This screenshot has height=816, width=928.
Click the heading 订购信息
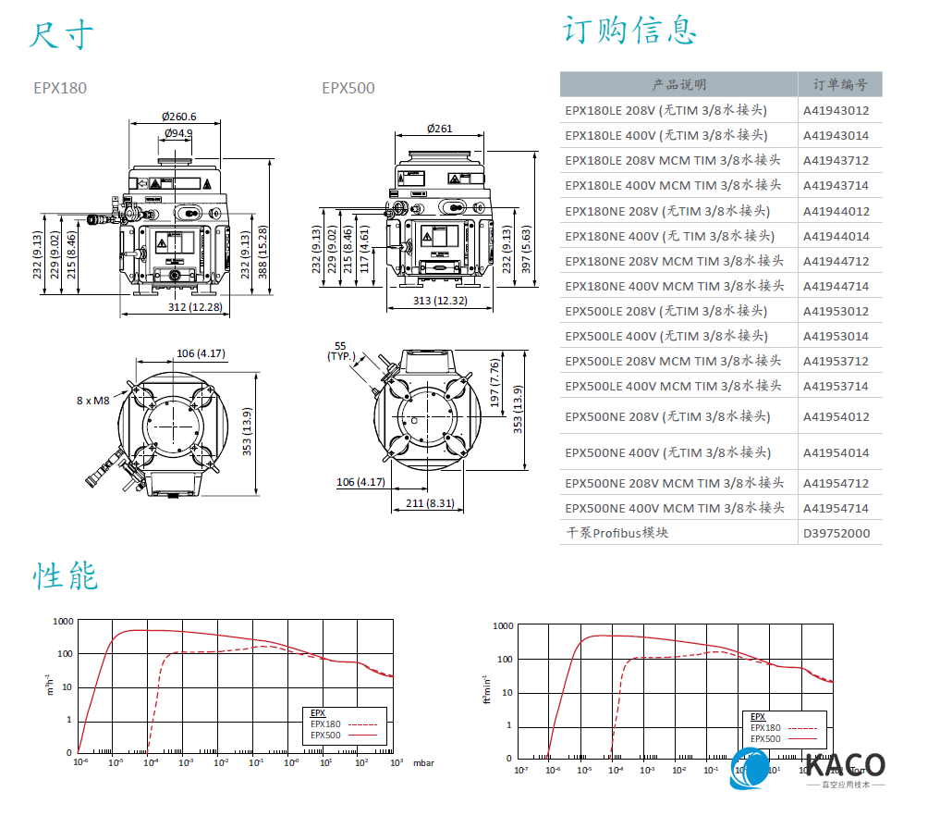pyautogui.click(x=629, y=30)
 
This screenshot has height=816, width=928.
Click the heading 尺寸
pyautogui.click(x=61, y=34)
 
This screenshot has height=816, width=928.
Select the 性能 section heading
pyautogui.click(x=66, y=575)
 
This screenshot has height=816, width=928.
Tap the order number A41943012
pyautogui.click(x=836, y=110)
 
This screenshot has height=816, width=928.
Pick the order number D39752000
pyautogui.click(x=836, y=533)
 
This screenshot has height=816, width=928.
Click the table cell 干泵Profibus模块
pyautogui.click(x=617, y=533)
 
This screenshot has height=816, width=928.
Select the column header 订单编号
pyautogui.click(x=839, y=84)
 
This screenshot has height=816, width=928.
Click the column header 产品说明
pyautogui.click(x=679, y=84)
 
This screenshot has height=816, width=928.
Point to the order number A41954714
pyautogui.click(x=836, y=508)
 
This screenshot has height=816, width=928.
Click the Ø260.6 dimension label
pyautogui.click(x=178, y=117)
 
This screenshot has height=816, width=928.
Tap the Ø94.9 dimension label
pyautogui.click(x=177, y=133)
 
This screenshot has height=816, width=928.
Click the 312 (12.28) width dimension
pyautogui.click(x=195, y=307)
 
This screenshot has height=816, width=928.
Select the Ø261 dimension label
pyautogui.click(x=440, y=128)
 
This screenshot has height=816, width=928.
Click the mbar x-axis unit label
pyautogui.click(x=422, y=763)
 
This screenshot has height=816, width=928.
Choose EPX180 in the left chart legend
pyautogui.click(x=325, y=724)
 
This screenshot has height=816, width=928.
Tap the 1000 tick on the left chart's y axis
pyautogui.click(x=63, y=622)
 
